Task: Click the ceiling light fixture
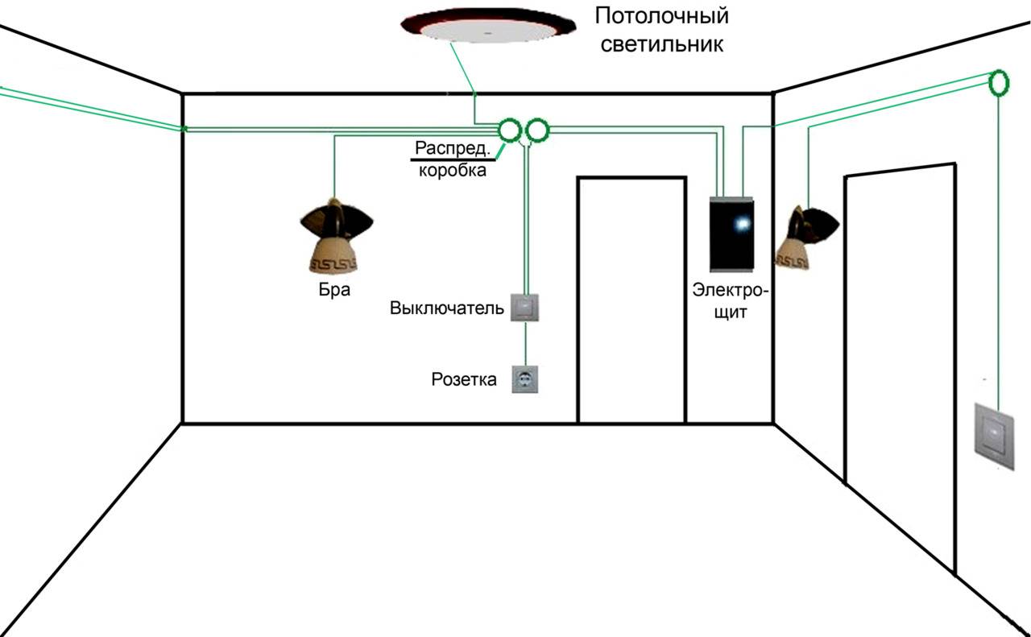pos(488,25)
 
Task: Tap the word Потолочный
pos(662,17)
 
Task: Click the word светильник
pos(662,44)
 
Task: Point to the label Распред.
pos(453,148)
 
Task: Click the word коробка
pos(453,170)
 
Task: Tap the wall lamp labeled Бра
pos(336,235)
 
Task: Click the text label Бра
pos(334,289)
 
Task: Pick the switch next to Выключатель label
pos(524,308)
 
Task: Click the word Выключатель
pos(446,308)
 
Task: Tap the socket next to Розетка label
pos(524,379)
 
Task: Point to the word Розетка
pos(464,380)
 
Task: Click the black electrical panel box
pos(731,234)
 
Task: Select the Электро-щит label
pos(731,301)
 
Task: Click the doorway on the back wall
pos(632,299)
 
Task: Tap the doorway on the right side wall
pos(900,368)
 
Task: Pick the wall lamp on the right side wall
pos(806,238)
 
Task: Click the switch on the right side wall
pos(994,436)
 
